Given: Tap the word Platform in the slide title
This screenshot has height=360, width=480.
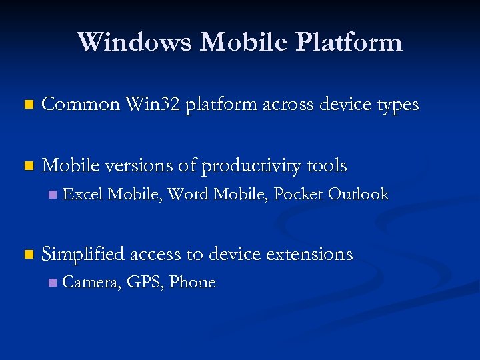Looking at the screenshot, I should point(351,42).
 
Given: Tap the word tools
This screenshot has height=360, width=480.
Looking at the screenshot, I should point(326,165).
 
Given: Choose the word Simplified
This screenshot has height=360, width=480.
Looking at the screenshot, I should point(83,254).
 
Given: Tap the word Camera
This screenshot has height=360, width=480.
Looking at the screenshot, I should point(91,283).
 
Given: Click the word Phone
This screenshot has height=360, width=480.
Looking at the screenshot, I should point(193,283).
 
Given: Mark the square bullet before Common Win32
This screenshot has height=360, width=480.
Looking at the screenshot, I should point(27,105).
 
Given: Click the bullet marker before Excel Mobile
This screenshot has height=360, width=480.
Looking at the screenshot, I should point(53,195).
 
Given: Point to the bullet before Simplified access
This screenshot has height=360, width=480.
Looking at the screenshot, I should point(27,255).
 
